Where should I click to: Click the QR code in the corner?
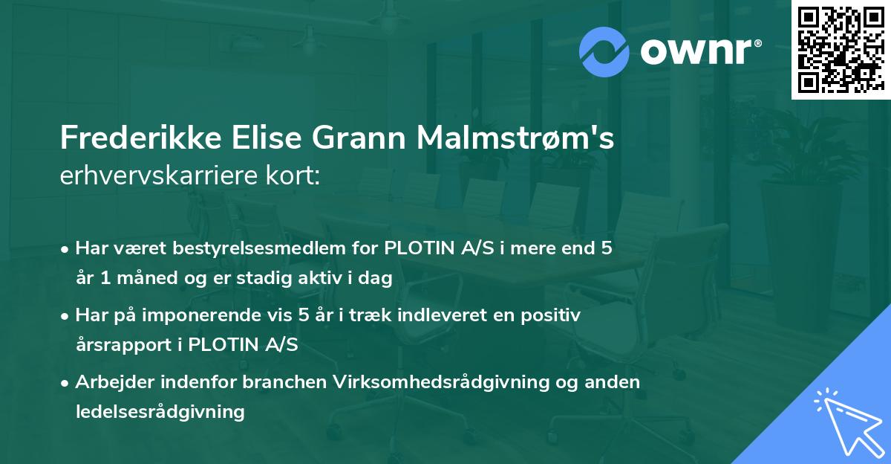[x=841, y=49]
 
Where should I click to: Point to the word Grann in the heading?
[x=356, y=138]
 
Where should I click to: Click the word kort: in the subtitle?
[x=295, y=175]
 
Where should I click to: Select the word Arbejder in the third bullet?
[x=111, y=382]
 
